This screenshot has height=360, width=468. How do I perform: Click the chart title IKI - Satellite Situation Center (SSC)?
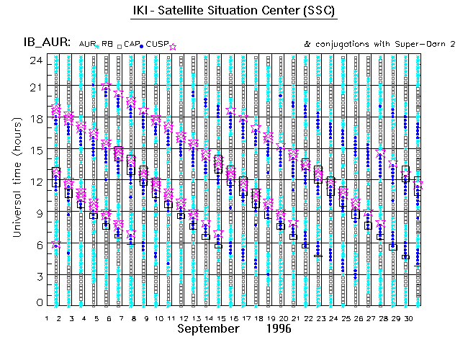(235, 12)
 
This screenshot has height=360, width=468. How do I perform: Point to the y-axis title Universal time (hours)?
(17, 179)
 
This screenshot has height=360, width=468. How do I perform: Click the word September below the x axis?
(209, 328)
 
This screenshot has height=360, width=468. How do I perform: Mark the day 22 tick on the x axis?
(307, 317)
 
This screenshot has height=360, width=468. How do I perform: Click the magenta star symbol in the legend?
(173, 46)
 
